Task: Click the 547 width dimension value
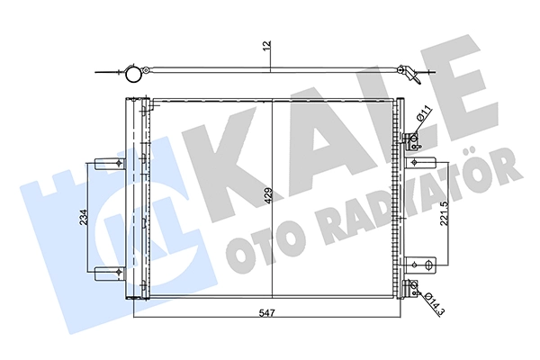[x=267, y=313]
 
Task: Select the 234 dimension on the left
[x=85, y=218]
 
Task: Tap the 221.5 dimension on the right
[x=445, y=213]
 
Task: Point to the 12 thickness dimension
[x=267, y=46]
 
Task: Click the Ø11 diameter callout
[x=424, y=113]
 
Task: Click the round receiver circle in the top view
[x=133, y=75]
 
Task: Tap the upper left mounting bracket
[x=110, y=163]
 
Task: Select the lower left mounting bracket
[x=110, y=273]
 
